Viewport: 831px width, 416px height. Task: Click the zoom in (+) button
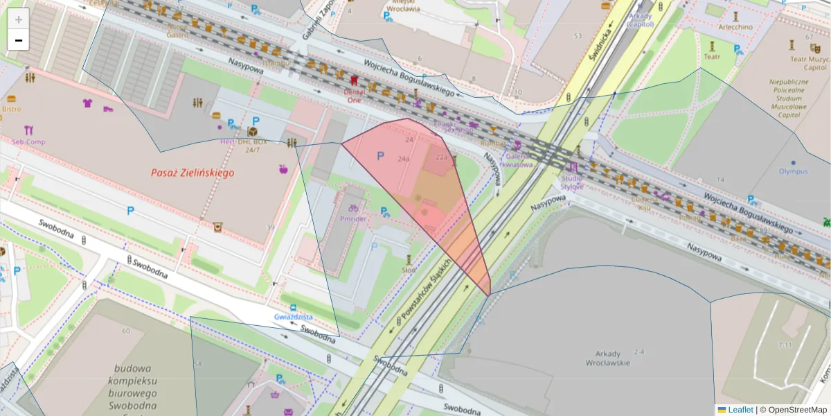(x=19, y=19)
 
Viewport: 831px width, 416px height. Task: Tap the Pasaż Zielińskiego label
(x=193, y=173)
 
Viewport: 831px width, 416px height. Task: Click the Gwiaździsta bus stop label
(x=293, y=317)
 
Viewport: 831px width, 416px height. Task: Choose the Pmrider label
(x=353, y=219)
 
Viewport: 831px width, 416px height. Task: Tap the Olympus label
(x=793, y=171)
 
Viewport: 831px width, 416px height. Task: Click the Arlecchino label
(x=735, y=27)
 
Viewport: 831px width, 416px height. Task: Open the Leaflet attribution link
(x=740, y=410)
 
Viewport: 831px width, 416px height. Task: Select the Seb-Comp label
(x=28, y=142)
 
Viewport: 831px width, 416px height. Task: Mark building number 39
(x=270, y=227)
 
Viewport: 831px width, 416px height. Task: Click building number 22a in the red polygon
(x=442, y=157)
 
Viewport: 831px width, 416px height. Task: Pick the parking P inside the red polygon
(x=379, y=157)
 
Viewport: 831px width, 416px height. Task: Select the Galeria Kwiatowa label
(x=517, y=161)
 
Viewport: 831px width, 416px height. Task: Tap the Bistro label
(x=11, y=109)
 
